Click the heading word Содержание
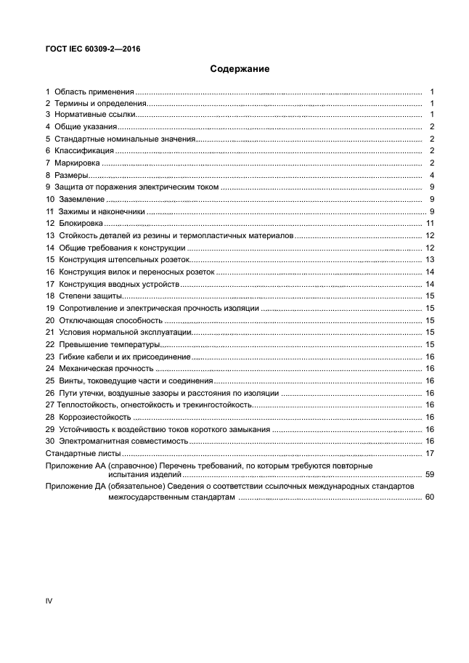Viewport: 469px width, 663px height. click(240, 70)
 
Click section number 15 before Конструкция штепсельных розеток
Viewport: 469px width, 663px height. click(50, 259)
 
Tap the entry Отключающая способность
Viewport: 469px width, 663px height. click(110, 320)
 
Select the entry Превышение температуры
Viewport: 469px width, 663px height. click(109, 344)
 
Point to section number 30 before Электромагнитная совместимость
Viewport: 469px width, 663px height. click(50, 441)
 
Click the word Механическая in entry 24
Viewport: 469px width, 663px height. click(89, 368)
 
